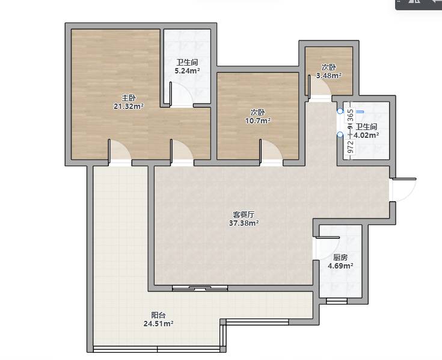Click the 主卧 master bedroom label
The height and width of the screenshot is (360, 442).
click(x=129, y=98)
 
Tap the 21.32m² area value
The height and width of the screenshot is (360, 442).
click(x=129, y=107)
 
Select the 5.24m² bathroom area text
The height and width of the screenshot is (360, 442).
click(x=187, y=71)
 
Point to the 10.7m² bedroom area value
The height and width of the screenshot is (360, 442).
click(x=258, y=121)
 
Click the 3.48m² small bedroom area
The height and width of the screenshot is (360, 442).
click(x=329, y=76)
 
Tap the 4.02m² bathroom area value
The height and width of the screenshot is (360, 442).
click(x=366, y=135)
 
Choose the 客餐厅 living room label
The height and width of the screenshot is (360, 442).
click(x=244, y=214)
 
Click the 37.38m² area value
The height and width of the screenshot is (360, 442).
click(x=244, y=223)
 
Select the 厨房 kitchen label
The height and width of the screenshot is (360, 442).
click(x=340, y=257)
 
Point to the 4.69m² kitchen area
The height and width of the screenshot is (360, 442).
click(x=340, y=265)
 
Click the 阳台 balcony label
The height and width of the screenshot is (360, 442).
click(x=158, y=315)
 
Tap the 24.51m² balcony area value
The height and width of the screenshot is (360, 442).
click(x=158, y=324)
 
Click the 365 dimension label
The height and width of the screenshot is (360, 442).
click(x=351, y=116)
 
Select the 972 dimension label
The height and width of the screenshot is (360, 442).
click(x=351, y=147)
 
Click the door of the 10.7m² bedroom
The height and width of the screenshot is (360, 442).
click(x=271, y=152)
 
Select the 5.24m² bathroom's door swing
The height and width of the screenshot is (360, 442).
click(x=182, y=95)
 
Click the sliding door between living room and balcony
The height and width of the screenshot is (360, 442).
click(x=200, y=288)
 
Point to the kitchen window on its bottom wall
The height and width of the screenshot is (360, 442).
click(x=337, y=301)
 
